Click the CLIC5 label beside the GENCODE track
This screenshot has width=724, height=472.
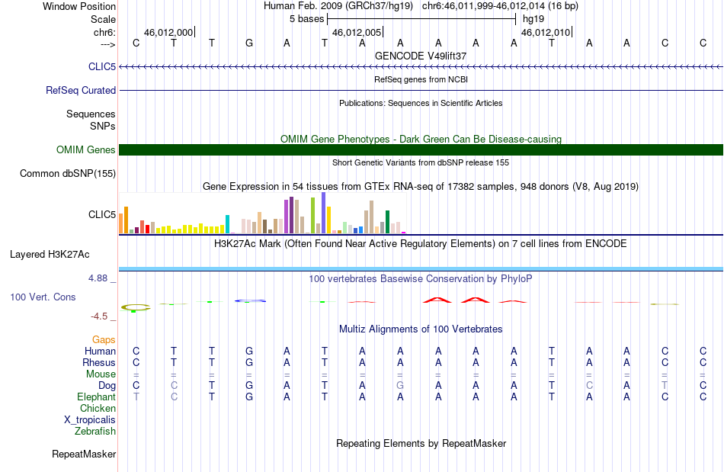tap(102, 67)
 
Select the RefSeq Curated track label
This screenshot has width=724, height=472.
tap(81, 90)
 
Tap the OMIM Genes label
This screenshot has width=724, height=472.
tap(86, 149)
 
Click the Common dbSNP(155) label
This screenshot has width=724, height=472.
tap(68, 173)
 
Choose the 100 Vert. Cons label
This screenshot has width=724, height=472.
tap(43, 297)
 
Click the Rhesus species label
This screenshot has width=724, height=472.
tap(99, 363)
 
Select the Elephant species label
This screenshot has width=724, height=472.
tap(96, 397)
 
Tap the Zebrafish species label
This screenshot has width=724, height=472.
tap(95, 432)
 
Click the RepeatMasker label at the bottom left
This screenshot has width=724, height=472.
tap(84, 454)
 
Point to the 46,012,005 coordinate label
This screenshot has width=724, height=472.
tap(357, 33)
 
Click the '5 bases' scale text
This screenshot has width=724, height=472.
tap(306, 18)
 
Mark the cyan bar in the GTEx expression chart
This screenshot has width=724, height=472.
tap(228, 224)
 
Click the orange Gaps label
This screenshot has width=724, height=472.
tap(104, 339)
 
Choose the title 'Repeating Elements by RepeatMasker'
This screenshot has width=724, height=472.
tap(421, 444)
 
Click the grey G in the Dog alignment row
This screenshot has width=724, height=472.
tap(400, 386)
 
